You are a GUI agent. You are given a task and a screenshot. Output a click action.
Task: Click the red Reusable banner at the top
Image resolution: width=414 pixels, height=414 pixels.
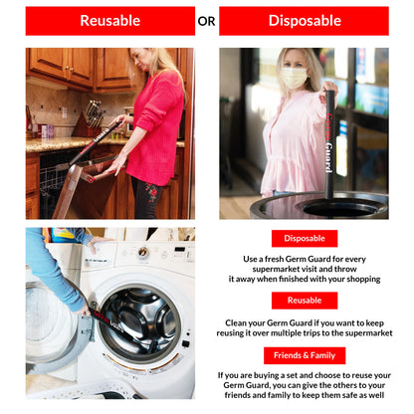click(x=110, y=21)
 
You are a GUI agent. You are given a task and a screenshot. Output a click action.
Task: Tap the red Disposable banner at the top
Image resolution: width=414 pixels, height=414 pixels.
click(x=304, y=21)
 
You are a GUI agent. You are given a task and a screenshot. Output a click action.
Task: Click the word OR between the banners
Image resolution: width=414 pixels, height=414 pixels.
click(x=206, y=22)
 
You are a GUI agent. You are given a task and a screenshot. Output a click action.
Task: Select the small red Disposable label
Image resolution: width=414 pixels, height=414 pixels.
click(x=305, y=239)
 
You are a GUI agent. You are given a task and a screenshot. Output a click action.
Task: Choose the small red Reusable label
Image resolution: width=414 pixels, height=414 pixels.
click(x=305, y=301)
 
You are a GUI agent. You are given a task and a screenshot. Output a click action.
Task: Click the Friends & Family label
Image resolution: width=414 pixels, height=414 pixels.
click(x=305, y=355)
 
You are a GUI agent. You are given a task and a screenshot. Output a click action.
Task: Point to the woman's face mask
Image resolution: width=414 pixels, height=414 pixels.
click(x=294, y=78)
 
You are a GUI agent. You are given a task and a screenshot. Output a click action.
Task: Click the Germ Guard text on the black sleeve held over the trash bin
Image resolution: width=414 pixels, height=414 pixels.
click(x=329, y=142)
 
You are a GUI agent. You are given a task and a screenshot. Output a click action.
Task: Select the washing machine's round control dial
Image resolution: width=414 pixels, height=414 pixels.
click(x=143, y=252)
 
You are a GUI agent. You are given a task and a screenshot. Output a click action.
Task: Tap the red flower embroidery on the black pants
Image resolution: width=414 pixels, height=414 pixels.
click(x=152, y=193)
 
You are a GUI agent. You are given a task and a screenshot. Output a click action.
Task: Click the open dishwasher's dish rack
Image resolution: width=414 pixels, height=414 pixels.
click(x=53, y=179)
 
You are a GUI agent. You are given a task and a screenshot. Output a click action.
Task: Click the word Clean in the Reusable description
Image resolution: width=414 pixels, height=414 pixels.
click(x=236, y=323)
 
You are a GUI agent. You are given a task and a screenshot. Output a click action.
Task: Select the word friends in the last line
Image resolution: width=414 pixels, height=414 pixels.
click(x=237, y=395)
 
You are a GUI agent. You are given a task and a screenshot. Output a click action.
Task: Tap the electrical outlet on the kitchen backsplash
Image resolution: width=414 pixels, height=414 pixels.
click(x=65, y=112)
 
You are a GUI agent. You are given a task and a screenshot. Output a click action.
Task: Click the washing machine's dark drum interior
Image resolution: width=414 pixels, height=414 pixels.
click(x=142, y=318)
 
